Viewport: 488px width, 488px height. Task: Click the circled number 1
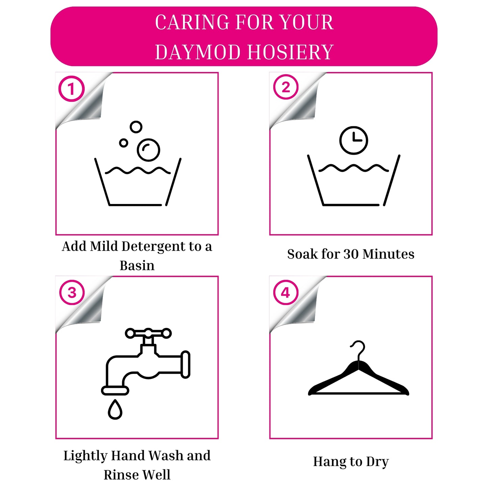[71, 88]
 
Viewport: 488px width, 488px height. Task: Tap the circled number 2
[286, 87]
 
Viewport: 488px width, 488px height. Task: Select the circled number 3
[72, 292]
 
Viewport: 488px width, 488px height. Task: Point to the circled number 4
[286, 292]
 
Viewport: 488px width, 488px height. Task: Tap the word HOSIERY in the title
[290, 52]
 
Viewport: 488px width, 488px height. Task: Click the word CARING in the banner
[192, 22]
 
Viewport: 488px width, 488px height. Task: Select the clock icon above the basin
[354, 140]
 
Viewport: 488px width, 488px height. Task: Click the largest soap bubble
[148, 150]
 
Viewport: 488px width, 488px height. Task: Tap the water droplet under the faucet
[115, 409]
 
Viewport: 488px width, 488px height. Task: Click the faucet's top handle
[148, 333]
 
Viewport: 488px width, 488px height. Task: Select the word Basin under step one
[137, 266]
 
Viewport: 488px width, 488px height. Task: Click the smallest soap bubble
[123, 143]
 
